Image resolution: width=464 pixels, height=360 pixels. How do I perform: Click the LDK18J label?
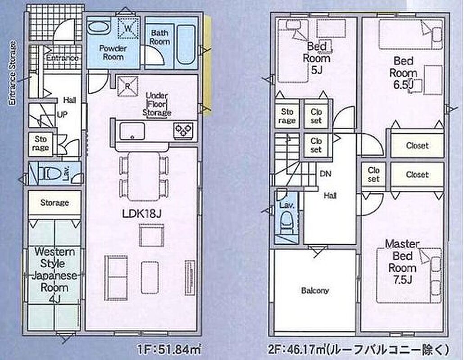pyautogui.click(x=142, y=213)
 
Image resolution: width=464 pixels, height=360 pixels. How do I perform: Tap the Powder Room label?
pyautogui.click(x=113, y=52)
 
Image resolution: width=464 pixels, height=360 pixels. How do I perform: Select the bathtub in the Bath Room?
pyautogui.click(x=186, y=45)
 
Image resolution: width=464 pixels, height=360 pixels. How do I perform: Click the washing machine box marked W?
pyautogui.click(x=128, y=28)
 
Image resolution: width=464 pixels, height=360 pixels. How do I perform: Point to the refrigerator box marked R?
pyautogui.click(x=127, y=86)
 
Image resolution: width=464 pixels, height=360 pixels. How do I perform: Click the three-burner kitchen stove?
pyautogui.click(x=183, y=130)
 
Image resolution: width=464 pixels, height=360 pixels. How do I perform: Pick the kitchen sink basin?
pyautogui.click(x=132, y=131)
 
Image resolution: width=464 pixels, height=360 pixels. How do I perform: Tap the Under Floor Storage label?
pyautogui.click(x=157, y=104)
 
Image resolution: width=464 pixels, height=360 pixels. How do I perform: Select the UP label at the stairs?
pyautogui.click(x=62, y=114)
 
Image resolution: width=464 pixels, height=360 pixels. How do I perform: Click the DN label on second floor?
pyautogui.click(x=326, y=174)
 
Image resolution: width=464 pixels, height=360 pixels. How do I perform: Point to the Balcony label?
pyautogui.click(x=315, y=291)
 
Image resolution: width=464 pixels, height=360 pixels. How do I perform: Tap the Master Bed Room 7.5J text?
pyautogui.click(x=402, y=261)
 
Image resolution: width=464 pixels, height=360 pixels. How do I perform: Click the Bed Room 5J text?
pyautogui.click(x=316, y=58)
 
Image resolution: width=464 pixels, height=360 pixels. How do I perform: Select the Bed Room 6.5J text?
pyautogui.click(x=403, y=73)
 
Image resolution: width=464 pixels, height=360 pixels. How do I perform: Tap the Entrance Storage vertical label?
pyautogui.click(x=12, y=73)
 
